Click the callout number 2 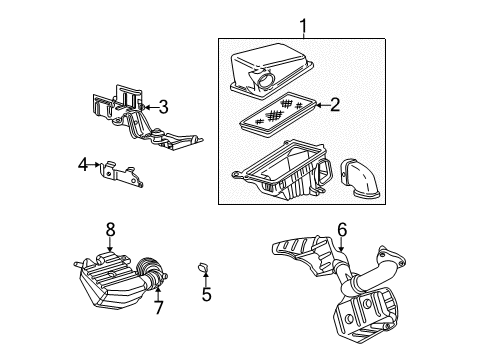click(336, 103)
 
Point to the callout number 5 click(206, 295)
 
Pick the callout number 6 click(341, 230)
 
